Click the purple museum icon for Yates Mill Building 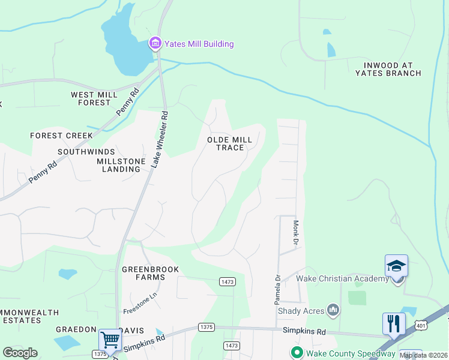click(x=155, y=43)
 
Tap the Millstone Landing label click(x=118, y=165)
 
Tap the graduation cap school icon click(x=396, y=266)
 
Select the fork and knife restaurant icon click(x=394, y=324)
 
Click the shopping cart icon click(x=110, y=340)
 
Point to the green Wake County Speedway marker click(x=296, y=352)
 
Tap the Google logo click(x=20, y=353)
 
